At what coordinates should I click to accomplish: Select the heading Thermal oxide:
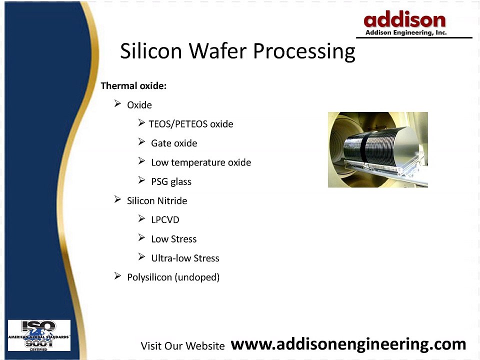(133, 86)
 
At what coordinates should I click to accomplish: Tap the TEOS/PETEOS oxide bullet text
(191, 124)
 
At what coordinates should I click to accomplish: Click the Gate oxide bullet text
(174, 143)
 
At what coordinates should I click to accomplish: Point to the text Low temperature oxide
(201, 162)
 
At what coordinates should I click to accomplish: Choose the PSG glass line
(171, 181)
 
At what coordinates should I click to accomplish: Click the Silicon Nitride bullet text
(157, 201)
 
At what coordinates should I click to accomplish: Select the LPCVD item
(165, 220)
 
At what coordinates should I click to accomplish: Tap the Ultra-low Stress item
(185, 258)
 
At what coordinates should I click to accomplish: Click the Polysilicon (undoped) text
(173, 277)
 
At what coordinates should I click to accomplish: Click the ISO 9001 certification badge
(39, 335)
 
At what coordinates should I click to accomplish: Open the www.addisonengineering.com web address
(349, 344)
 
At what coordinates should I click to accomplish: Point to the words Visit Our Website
(182, 346)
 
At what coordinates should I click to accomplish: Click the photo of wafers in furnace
(377, 149)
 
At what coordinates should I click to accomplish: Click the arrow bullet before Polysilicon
(117, 276)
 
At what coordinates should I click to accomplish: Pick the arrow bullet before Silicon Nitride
(117, 200)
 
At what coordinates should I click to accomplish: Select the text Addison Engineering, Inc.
(405, 32)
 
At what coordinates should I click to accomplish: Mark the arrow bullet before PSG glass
(141, 180)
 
